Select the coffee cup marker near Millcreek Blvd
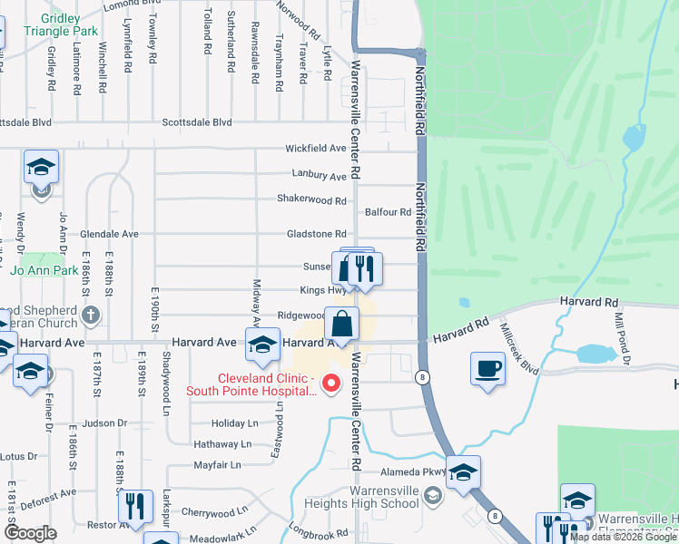[487, 369]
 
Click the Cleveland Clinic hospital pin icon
[331, 384]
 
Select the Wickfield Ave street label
[316, 148]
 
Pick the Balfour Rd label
[388, 212]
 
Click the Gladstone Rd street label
[316, 234]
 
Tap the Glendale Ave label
[109, 234]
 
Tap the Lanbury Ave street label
[320, 175]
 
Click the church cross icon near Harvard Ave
[89, 316]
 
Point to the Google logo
[30, 533]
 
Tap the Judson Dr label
[104, 423]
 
